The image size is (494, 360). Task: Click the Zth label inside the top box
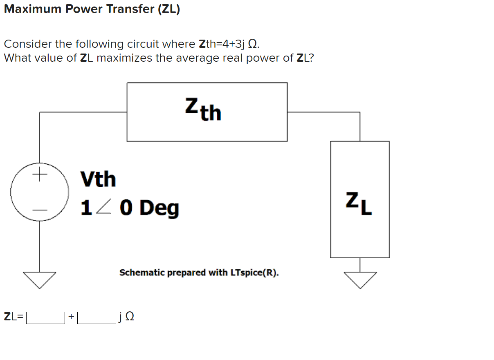[x=203, y=110]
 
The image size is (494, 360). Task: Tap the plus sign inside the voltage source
[x=39, y=175]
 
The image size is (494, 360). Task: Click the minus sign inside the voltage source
[x=39, y=210]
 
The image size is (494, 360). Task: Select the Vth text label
[x=98, y=179]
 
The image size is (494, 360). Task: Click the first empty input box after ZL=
[x=45, y=318]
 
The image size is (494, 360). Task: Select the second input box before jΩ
[x=97, y=318]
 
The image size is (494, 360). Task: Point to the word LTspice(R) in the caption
[x=255, y=273]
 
